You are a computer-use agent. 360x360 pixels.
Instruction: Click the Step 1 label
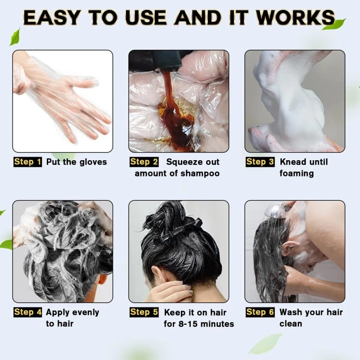pos(27,162)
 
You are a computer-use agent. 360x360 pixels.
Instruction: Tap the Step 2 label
pos(144,162)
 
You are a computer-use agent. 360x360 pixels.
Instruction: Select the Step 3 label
pos(260,162)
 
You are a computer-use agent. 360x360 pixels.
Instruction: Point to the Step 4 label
pos(27,312)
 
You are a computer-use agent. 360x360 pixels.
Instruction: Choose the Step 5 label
pos(144,312)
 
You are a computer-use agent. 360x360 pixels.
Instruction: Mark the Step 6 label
pos(260,312)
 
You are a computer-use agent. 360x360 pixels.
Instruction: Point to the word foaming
pos(297,174)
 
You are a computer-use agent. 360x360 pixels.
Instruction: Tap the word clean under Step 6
pos(291,324)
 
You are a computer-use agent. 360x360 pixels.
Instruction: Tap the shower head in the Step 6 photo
pos(276,210)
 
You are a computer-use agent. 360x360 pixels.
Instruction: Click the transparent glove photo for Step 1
pos(63,101)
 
